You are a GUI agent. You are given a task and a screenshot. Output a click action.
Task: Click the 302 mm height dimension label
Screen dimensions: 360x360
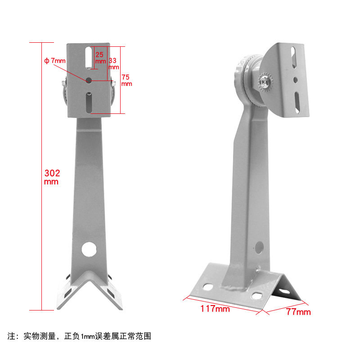click(x=52, y=177)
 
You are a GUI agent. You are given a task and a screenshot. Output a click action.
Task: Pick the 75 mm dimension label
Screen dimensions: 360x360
click(x=126, y=80)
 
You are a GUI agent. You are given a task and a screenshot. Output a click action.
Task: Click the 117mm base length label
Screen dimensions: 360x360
click(x=215, y=309)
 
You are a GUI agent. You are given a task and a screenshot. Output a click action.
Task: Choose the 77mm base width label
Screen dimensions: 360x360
click(x=298, y=312)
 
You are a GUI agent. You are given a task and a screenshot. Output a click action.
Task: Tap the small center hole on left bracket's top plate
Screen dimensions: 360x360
click(x=89, y=80)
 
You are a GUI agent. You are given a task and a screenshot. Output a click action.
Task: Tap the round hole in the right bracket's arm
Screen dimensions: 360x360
click(x=259, y=247)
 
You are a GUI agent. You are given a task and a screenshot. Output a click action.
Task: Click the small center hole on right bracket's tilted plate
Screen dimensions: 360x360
click(x=295, y=80)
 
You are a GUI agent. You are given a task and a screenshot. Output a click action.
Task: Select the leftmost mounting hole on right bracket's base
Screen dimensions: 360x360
click(x=208, y=286)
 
